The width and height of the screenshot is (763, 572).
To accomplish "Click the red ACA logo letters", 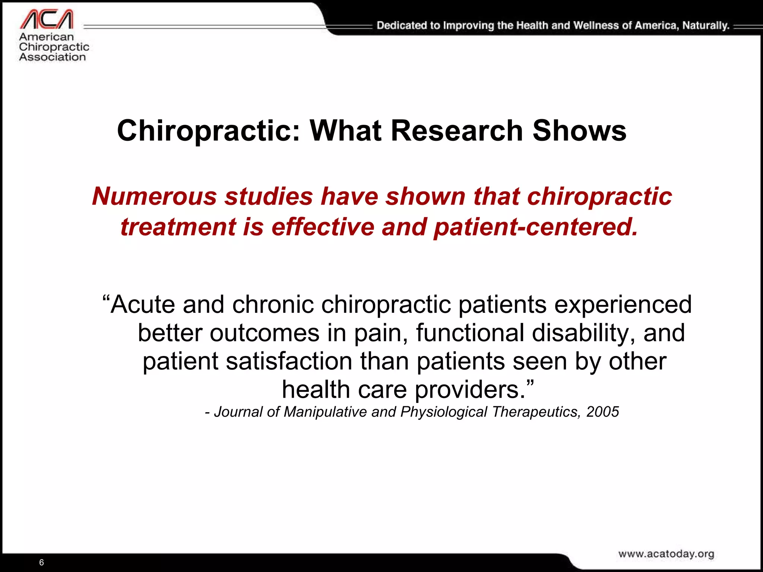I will [47, 19].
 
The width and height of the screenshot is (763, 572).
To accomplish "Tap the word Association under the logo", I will [53, 57].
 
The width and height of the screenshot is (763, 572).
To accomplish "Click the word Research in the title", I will [457, 131].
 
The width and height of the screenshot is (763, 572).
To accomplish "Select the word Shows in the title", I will [580, 131].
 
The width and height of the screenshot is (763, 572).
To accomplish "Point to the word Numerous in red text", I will [154, 196].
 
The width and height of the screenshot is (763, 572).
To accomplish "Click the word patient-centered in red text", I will [536, 227].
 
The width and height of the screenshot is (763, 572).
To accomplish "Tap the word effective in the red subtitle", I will [323, 227].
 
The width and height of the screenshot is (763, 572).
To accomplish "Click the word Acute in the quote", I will [142, 305].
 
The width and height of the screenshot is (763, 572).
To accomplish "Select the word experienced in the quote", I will [623, 305].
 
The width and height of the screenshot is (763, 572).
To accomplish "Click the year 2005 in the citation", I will [602, 412].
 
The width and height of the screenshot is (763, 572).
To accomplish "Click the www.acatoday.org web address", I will [666, 554].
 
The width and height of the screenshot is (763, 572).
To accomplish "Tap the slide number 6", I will [41, 562].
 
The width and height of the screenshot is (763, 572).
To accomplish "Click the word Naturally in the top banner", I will [705, 26].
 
